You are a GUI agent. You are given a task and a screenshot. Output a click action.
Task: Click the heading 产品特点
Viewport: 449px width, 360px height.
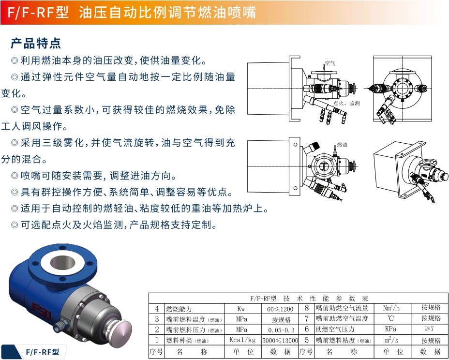coord(36,43)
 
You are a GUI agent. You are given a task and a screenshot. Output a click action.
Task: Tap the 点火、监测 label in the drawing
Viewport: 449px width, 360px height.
coord(347,103)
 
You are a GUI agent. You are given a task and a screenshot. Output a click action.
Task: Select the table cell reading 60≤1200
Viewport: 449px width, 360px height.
coord(280,309)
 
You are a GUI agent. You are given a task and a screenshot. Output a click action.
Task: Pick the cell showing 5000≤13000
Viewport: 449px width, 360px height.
coord(280,340)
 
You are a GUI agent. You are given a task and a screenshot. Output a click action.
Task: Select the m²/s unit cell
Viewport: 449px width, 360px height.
coord(390,340)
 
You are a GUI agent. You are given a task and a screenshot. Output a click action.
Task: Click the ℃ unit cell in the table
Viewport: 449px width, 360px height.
coord(390,319)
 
